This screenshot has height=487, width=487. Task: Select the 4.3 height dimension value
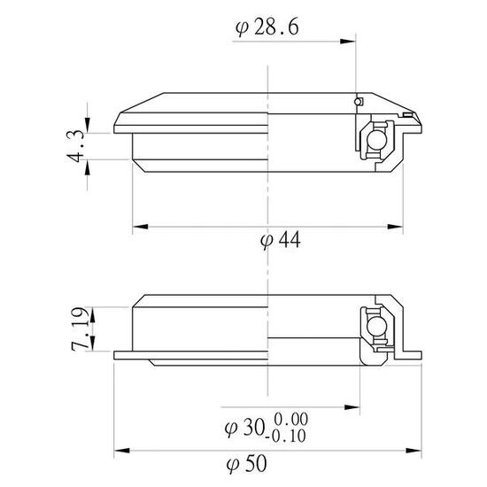pyautogui.click(x=77, y=145)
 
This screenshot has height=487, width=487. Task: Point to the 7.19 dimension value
pyautogui.click(x=77, y=328)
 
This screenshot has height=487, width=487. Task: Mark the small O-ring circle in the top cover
pyautogui.click(x=358, y=103)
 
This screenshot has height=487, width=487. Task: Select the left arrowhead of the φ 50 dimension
pyautogui.click(x=120, y=449)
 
